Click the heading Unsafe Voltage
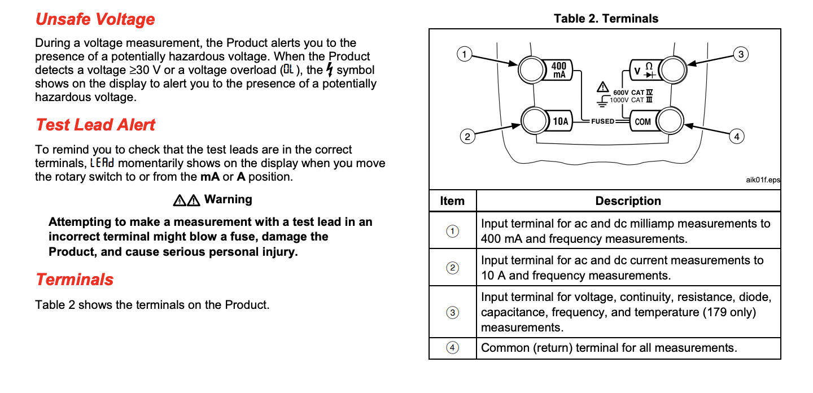(x=95, y=19)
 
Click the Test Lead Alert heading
(x=95, y=125)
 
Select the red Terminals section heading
(x=75, y=280)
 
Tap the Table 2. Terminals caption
(x=606, y=19)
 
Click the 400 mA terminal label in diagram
(x=559, y=70)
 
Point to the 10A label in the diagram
(x=561, y=121)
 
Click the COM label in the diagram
(x=642, y=121)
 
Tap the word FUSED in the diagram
(x=602, y=121)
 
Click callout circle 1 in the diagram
(x=464, y=54)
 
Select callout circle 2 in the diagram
(x=466, y=137)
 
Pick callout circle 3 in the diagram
(x=740, y=54)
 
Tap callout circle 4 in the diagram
(x=736, y=137)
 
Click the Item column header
(x=452, y=201)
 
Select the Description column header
(x=628, y=201)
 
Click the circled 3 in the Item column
(x=452, y=312)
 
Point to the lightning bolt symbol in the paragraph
(x=329, y=70)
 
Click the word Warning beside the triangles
(x=228, y=199)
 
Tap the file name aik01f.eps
(x=763, y=180)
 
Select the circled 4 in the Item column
(x=452, y=348)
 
